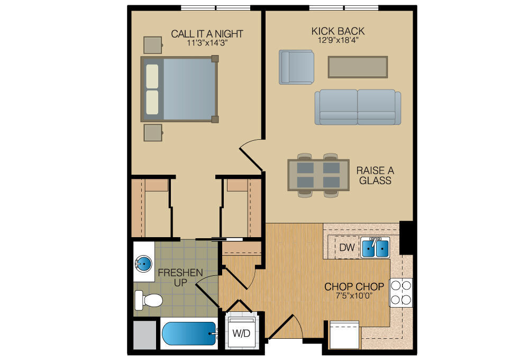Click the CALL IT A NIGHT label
click(207, 34)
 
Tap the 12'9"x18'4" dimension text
click(338, 40)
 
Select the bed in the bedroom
click(180, 89)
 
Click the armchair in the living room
click(296, 67)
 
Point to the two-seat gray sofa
click(358, 107)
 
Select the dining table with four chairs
click(318, 175)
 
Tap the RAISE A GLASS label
click(375, 176)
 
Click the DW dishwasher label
click(346, 247)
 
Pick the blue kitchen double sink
click(375, 247)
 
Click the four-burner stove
click(400, 292)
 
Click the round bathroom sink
click(143, 262)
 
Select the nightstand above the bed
click(153, 44)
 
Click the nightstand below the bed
click(153, 132)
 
